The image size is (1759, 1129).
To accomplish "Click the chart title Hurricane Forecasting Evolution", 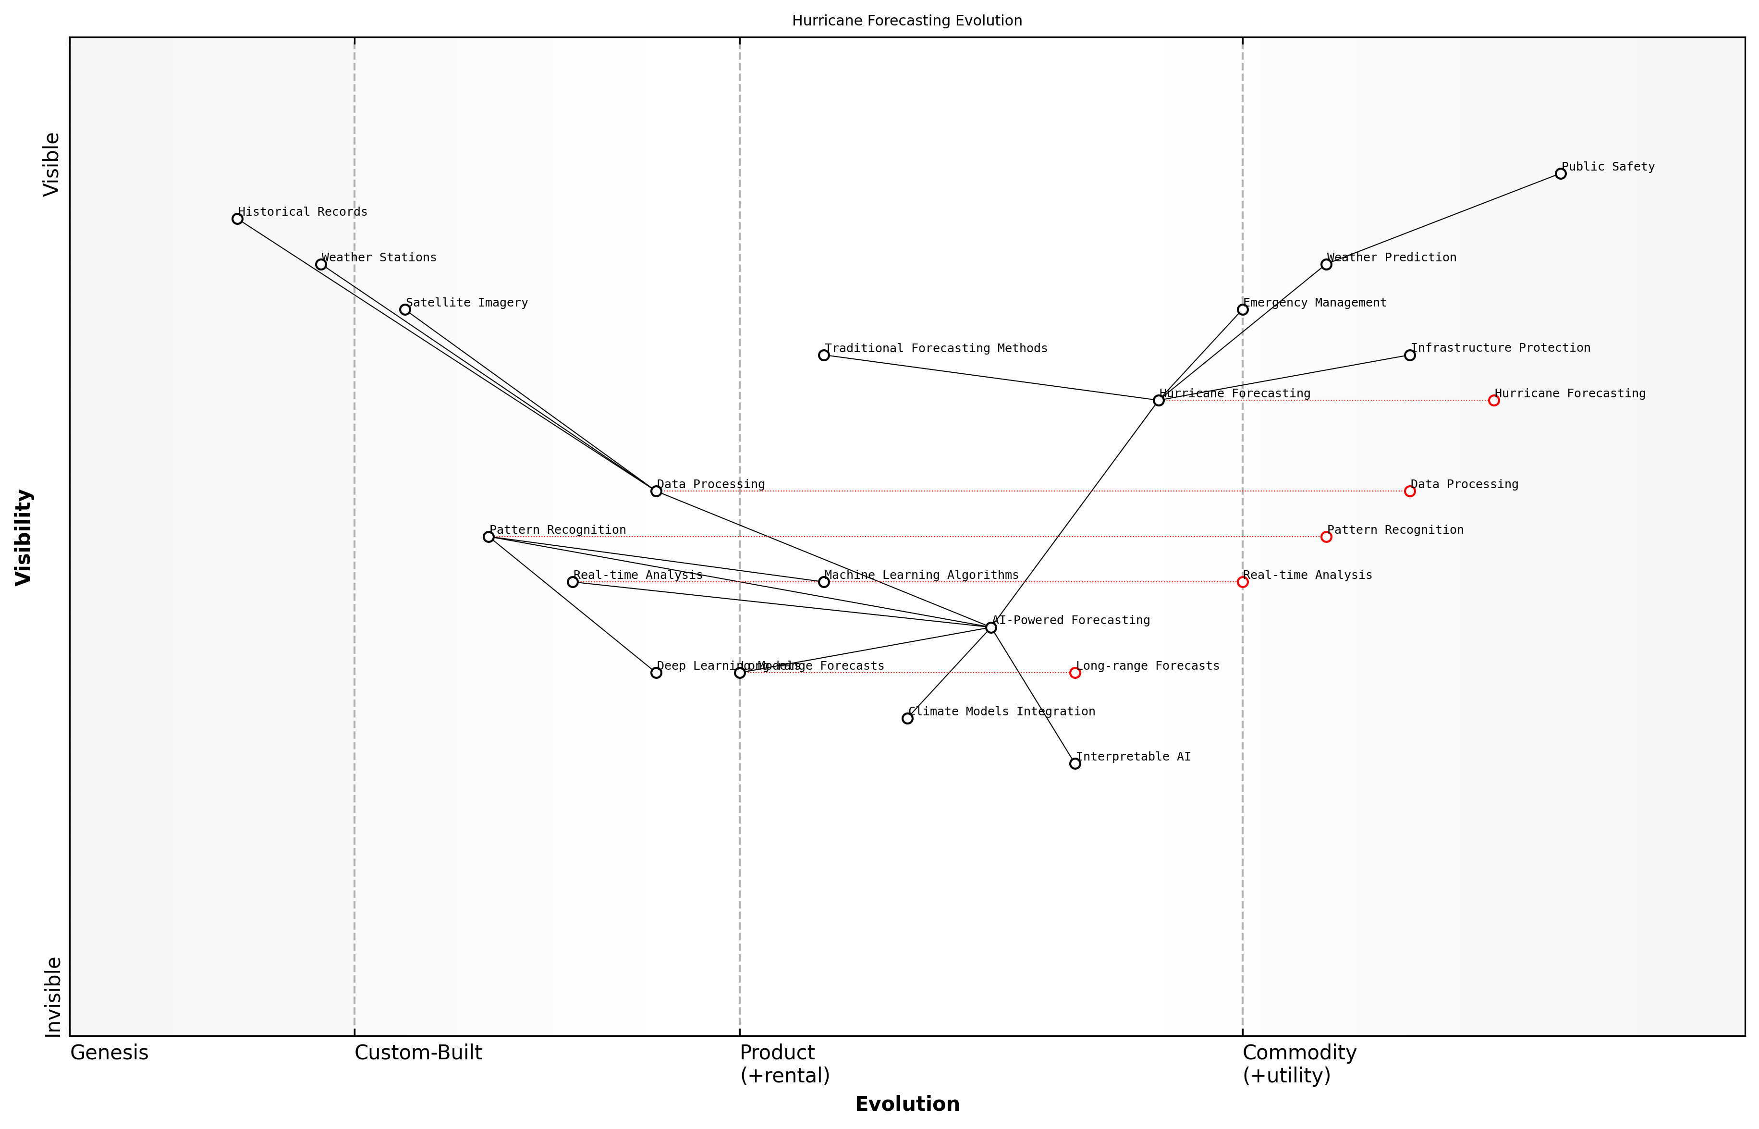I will (x=906, y=21).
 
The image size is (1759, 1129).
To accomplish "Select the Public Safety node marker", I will (x=1560, y=174).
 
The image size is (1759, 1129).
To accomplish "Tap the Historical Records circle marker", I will (x=237, y=219).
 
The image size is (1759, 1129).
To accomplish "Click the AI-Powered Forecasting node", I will (x=991, y=627).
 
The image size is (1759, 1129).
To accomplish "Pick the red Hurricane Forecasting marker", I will (x=1494, y=400).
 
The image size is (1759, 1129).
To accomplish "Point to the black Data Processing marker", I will (x=656, y=491).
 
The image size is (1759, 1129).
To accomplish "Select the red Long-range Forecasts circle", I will (x=1075, y=673).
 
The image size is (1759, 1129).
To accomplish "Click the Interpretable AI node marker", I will (x=1075, y=764).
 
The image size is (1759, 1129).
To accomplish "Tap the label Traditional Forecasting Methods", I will (x=935, y=348).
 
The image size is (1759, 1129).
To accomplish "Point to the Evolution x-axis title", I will (x=906, y=1104).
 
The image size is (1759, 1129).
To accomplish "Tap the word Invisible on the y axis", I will (x=53, y=997).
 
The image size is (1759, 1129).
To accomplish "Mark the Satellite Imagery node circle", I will (x=404, y=309).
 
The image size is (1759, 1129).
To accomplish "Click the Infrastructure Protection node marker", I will (x=1409, y=355).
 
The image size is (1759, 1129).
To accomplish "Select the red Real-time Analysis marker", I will (x=1242, y=582).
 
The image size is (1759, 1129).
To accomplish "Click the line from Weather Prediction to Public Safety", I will (x=1444, y=219).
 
